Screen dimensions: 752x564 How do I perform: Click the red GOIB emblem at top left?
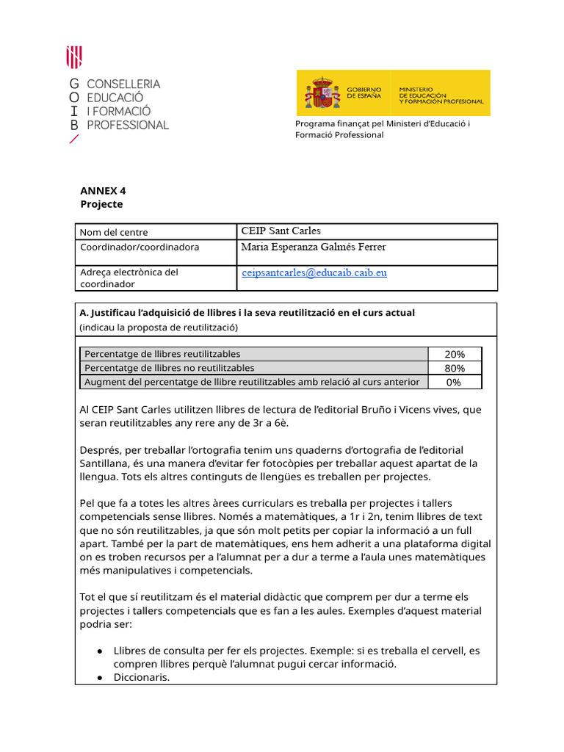[74, 57]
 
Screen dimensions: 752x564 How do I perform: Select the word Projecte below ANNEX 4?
[101, 204]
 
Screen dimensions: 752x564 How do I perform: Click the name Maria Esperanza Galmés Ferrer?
[314, 247]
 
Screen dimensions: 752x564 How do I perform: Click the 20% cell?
[455, 354]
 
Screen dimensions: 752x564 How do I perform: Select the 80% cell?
[455, 368]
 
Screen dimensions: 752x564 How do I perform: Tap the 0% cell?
[455, 382]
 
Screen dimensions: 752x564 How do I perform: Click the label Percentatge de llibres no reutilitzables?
[170, 368]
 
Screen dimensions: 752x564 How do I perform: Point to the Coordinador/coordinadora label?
[139, 247]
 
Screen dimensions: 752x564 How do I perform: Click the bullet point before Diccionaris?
[99, 678]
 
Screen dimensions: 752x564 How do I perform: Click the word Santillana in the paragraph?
[107, 463]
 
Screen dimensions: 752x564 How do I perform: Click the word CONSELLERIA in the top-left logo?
[123, 84]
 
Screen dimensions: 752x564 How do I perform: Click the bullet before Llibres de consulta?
[99, 651]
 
